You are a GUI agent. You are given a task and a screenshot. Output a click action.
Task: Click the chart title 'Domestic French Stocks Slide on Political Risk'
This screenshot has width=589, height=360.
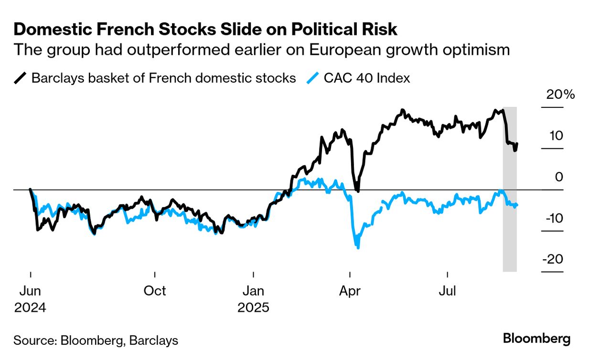tap(205, 30)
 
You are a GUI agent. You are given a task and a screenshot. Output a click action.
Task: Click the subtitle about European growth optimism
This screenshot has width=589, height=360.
tap(261, 50)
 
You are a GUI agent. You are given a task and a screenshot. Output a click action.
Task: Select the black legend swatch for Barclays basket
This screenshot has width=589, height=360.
tap(21, 78)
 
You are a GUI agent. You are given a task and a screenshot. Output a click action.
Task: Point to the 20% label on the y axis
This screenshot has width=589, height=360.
tap(561, 95)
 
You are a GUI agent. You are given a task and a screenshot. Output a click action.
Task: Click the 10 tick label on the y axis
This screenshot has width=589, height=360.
tap(556, 136)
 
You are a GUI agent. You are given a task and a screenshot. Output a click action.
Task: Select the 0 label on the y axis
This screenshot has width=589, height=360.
tap(559, 177)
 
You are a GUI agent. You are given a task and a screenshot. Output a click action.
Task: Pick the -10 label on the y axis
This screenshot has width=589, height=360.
tap(553, 218)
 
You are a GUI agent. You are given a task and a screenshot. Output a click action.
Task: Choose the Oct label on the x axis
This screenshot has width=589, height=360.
tap(155, 290)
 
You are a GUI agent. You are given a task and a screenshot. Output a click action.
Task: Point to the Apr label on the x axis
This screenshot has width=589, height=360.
tap(351, 290)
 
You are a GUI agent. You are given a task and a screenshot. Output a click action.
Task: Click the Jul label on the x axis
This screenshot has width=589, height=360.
tap(448, 290)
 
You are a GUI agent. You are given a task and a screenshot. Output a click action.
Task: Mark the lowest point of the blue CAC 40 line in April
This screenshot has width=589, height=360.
tap(357, 247)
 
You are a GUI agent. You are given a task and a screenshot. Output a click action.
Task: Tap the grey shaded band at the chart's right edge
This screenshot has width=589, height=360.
tap(510, 229)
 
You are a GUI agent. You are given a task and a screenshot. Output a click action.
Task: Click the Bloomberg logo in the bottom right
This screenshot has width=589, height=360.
tap(536, 339)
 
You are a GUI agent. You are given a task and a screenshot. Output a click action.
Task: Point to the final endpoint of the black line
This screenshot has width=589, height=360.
tap(517, 143)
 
